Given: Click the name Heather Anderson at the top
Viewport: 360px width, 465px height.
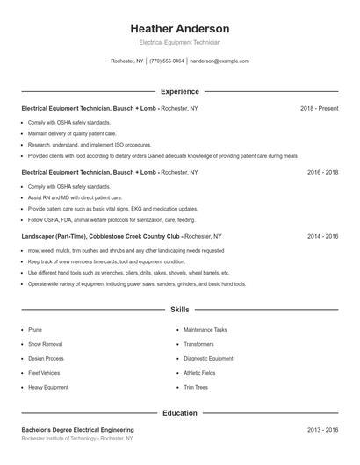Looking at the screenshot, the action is pyautogui.click(x=179, y=28).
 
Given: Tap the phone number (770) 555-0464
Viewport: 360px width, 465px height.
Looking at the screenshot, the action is pyautogui.click(x=167, y=61).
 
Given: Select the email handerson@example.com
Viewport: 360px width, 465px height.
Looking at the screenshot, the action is pyautogui.click(x=220, y=61).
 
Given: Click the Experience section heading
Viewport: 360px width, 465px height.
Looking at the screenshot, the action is pyautogui.click(x=179, y=91).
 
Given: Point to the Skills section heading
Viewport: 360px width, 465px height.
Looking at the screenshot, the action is pyautogui.click(x=179, y=310).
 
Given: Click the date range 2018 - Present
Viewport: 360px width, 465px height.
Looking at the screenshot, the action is pyautogui.click(x=319, y=108).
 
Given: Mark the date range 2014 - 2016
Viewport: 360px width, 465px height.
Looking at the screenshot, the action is pyautogui.click(x=322, y=236).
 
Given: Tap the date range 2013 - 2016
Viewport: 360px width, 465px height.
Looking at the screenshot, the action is pyautogui.click(x=322, y=429).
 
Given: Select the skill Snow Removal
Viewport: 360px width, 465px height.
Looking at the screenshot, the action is pyautogui.click(x=45, y=344).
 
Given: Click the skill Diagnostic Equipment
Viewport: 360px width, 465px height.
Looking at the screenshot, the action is pyautogui.click(x=208, y=358).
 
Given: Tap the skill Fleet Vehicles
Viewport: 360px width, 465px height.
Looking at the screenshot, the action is pyautogui.click(x=45, y=372).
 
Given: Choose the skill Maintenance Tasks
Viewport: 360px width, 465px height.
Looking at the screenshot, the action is pyautogui.click(x=205, y=329).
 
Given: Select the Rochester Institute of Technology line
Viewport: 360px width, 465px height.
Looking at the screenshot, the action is pyautogui.click(x=77, y=438).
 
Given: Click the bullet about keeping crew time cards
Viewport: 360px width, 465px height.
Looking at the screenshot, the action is pyautogui.click(x=106, y=261).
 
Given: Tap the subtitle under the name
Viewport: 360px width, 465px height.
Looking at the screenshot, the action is pyautogui.click(x=179, y=42).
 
